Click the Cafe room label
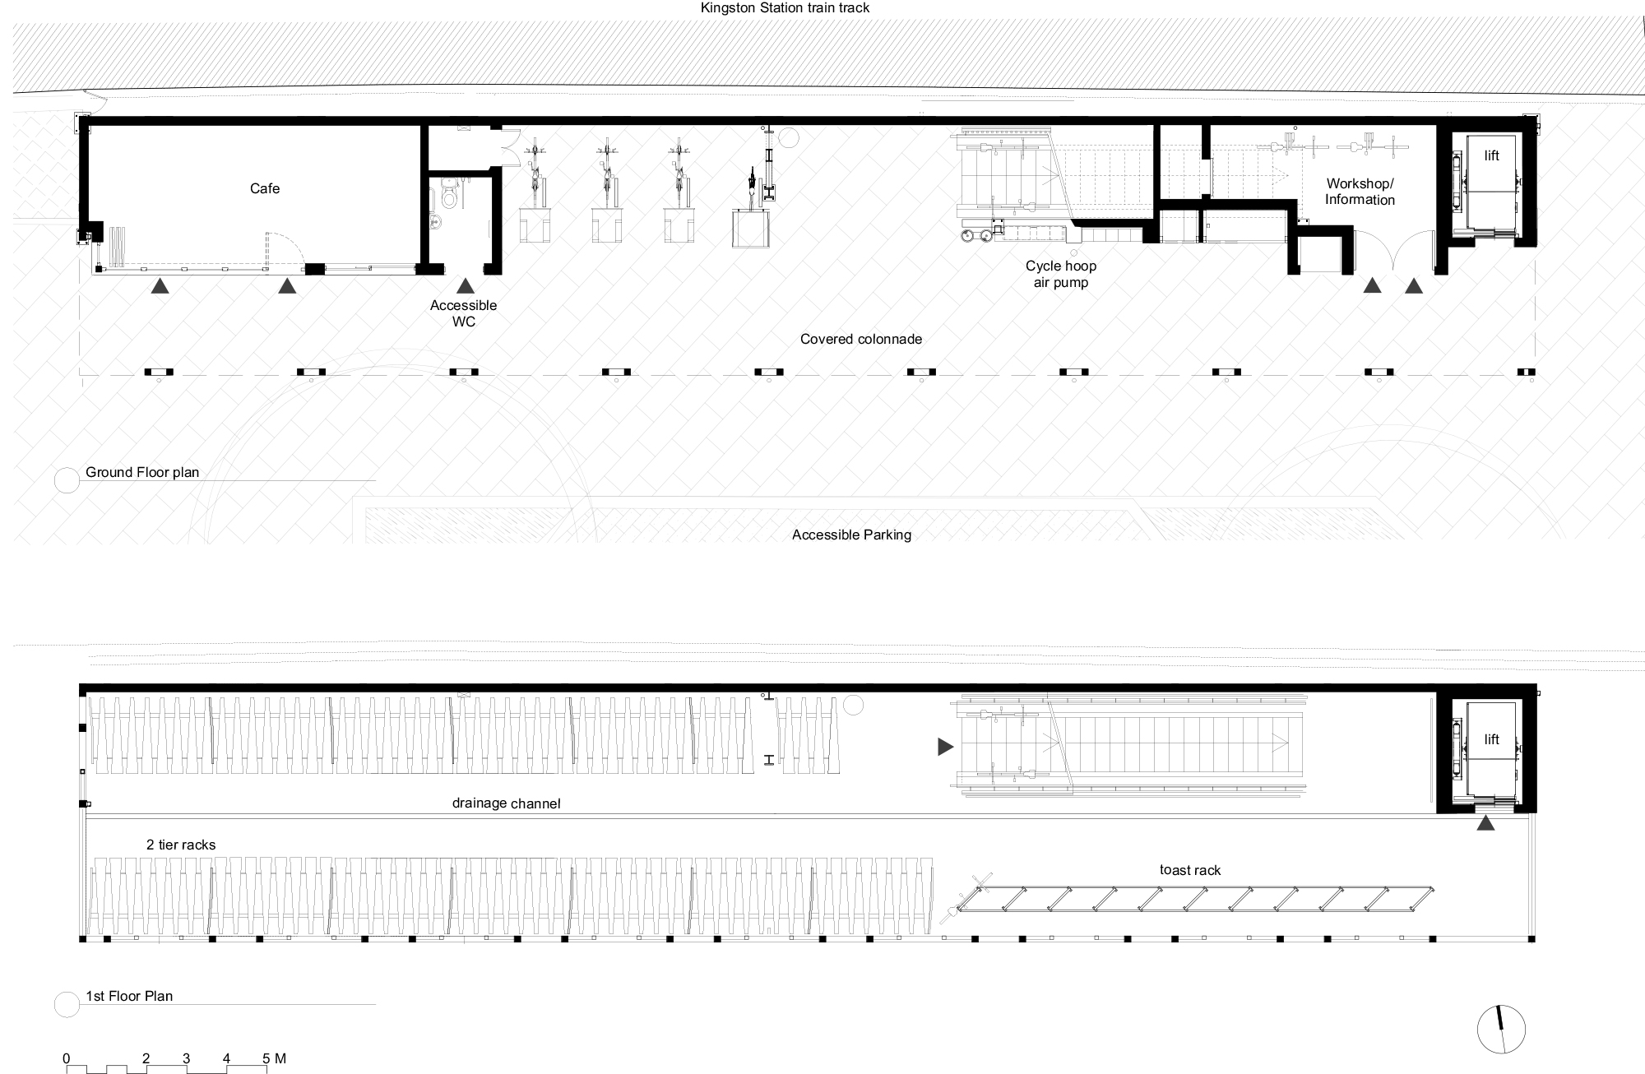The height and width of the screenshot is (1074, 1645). pos(265,189)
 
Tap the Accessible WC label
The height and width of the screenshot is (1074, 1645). pos(464,313)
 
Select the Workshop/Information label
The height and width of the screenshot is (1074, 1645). pos(1360,192)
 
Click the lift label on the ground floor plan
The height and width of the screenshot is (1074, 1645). pos(1491,156)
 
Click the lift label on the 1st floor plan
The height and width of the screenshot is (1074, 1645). pos(1491,739)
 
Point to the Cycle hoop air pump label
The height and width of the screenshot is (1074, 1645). pos(1061,275)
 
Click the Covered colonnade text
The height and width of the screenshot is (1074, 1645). pos(861,339)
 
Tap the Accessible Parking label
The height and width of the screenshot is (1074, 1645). pos(851,535)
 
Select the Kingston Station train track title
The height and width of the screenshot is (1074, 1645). pos(785,8)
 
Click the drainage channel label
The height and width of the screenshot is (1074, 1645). pos(506,803)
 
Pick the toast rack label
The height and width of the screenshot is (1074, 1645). pos(1190,870)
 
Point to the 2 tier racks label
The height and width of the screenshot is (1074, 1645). pos(181,845)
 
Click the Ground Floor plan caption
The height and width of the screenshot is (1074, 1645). pos(142,472)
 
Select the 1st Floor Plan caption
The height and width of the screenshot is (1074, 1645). pos(129,996)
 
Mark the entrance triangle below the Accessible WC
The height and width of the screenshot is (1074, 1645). pos(466,286)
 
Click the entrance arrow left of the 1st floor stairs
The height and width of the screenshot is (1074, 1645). pos(945,747)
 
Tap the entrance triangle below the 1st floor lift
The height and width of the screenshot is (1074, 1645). pos(1485,822)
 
